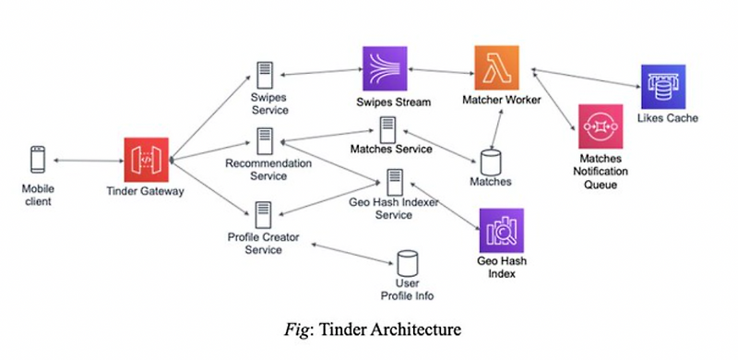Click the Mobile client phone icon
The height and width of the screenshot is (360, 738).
click(38, 160)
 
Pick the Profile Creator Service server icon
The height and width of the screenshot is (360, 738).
click(264, 213)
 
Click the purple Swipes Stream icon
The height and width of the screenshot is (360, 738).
click(382, 68)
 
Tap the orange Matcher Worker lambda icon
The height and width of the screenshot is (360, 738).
click(497, 67)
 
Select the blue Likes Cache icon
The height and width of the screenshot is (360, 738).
click(663, 87)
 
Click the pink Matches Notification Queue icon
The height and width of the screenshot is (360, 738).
click(601, 126)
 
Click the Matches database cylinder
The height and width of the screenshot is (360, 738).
click(490, 159)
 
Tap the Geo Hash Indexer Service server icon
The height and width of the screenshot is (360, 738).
click(394, 181)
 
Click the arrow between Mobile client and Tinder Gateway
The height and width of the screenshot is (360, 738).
click(90, 161)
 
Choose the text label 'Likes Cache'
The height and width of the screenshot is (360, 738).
click(668, 119)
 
